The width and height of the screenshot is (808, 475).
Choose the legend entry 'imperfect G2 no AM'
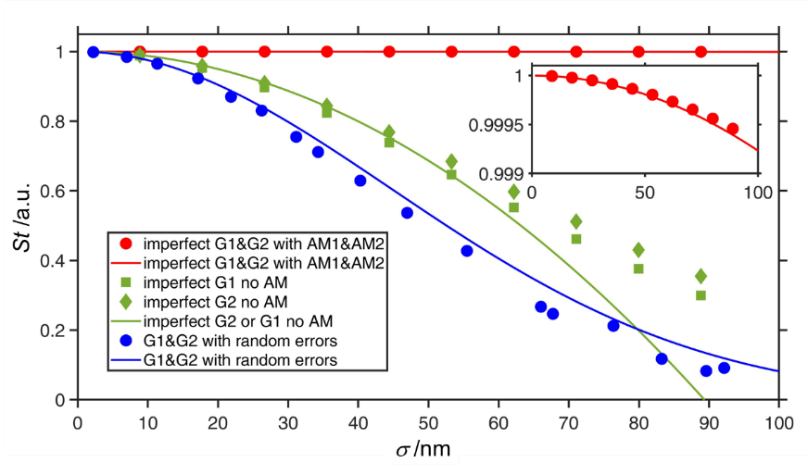221,302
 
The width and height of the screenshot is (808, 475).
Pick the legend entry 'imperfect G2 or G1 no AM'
240,320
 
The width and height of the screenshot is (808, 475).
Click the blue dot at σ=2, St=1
93,52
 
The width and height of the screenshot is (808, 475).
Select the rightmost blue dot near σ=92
724,369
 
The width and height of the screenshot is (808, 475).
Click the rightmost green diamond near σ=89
701,276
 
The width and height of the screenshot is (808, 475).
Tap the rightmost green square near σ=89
701,295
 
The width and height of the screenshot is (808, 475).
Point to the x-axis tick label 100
778,422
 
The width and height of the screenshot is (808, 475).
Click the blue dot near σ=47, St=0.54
407,213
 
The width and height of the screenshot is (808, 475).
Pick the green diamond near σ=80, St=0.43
638,250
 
